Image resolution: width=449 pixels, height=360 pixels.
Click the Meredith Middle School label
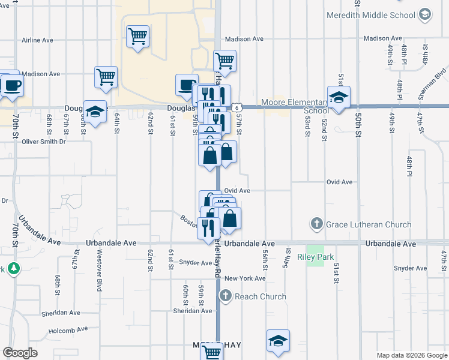[370, 15]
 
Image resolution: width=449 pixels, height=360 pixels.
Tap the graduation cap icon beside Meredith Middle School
[425, 14]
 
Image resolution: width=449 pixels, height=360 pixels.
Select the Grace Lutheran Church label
[369, 225]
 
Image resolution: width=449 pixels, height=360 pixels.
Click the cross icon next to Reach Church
[225, 295]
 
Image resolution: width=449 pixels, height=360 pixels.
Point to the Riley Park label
[315, 257]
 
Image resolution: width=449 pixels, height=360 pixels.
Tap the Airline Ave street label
[37, 40]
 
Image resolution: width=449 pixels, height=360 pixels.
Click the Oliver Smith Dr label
[43, 142]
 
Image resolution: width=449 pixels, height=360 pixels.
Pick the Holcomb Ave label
[67, 329]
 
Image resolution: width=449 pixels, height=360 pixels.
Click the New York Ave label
[245, 278]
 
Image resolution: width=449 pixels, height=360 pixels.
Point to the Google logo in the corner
[20, 353]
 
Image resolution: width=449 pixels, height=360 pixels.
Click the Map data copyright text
[411, 355]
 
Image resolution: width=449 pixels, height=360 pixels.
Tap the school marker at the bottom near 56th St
[278, 340]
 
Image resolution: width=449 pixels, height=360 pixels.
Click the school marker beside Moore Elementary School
[339, 97]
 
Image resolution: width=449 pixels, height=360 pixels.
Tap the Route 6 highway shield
[238, 106]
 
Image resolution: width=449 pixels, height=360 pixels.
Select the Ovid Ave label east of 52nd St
[339, 182]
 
